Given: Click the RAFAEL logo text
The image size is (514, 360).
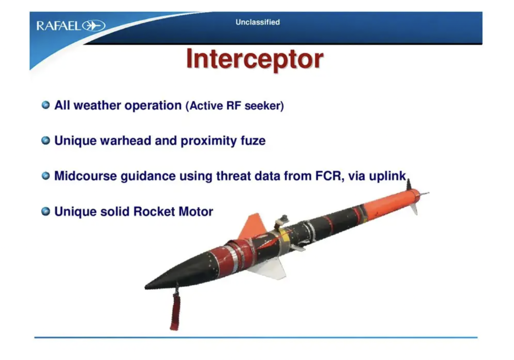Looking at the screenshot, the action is pos(58,26).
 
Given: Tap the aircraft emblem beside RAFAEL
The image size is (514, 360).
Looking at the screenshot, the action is pos(94,26).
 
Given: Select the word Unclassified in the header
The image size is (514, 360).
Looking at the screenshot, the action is pos(257,22).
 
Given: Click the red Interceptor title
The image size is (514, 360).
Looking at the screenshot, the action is pos(255,59).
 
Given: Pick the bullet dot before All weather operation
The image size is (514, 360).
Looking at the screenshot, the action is pos(46,105).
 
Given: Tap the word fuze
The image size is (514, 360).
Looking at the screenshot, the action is pos(253,141).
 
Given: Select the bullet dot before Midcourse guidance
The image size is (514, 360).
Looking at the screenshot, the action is pos(46,176).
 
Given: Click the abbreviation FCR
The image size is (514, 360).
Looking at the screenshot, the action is pos(328,176).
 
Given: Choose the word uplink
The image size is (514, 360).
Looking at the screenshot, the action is pos(387,176).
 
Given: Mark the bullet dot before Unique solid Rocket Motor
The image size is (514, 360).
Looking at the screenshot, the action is pos(46,211).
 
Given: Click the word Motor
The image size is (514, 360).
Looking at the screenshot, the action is pos(196,212).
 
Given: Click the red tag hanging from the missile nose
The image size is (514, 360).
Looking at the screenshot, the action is pos(175,311).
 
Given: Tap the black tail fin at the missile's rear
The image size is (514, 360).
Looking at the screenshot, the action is pos(409,185).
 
